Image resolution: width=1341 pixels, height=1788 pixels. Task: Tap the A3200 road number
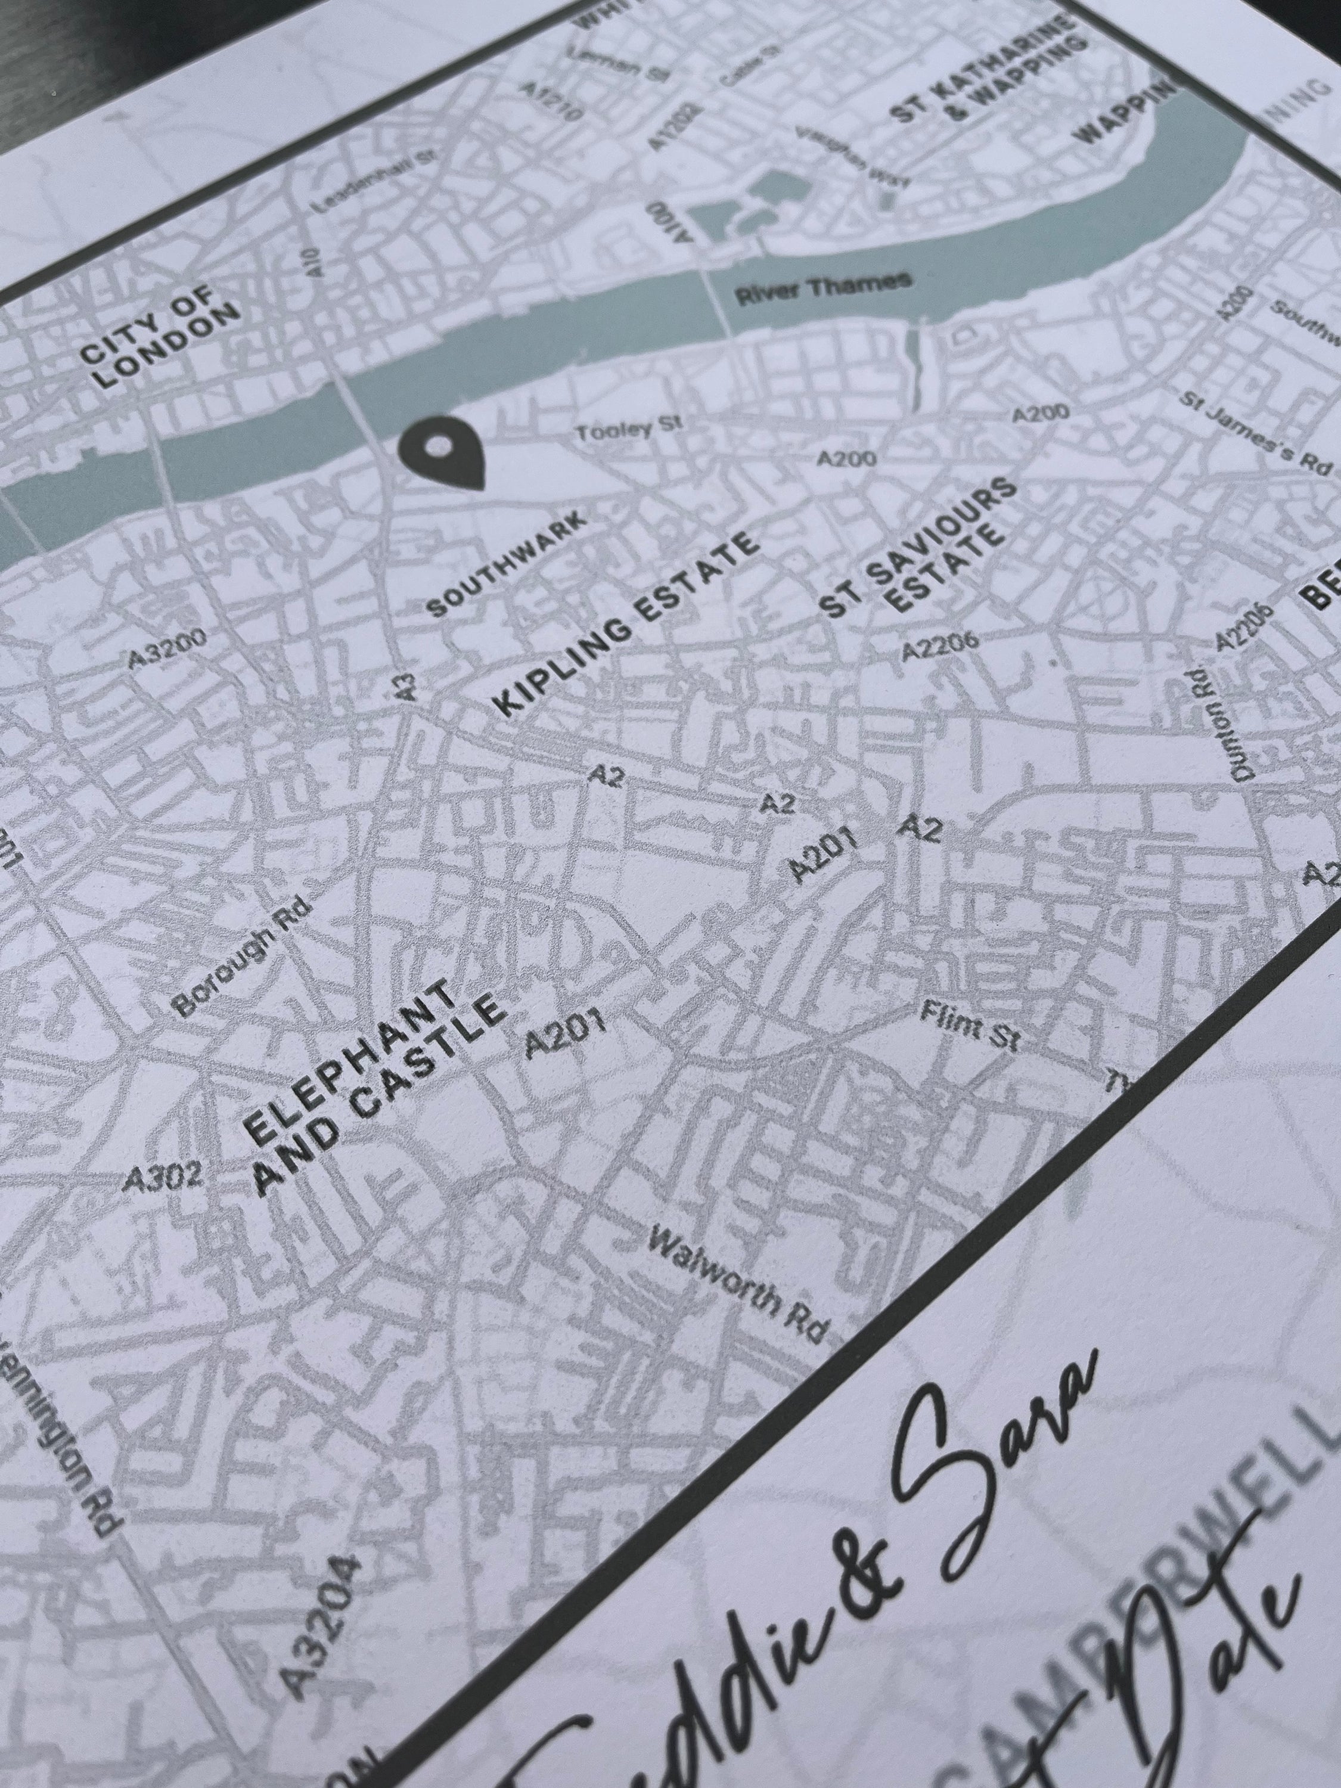[x=167, y=647]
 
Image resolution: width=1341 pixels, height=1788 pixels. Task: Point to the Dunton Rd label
[x=1221, y=719]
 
